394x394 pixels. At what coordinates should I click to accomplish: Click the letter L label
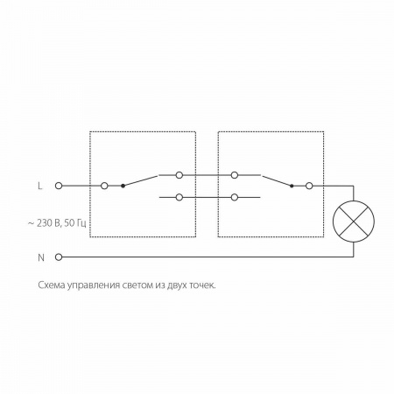pos(40,186)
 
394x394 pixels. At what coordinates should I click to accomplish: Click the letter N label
pos(41,257)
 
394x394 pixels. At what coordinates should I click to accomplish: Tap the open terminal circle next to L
pos(59,186)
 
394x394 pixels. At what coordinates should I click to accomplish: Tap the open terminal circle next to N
pos(59,257)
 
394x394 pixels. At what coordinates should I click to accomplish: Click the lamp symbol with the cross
pos(354,222)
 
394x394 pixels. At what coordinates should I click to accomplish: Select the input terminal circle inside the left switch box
pos(104,186)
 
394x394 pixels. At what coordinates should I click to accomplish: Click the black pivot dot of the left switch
pos(123,186)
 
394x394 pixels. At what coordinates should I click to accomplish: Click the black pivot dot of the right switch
pos(292,186)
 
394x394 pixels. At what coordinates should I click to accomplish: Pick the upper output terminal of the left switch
pos(179,175)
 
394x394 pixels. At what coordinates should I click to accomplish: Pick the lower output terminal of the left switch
pos(179,198)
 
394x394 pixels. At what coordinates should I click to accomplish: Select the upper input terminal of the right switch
pos(235,175)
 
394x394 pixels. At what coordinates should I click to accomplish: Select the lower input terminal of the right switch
pos(235,198)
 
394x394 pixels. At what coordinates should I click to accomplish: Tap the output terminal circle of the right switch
pos(309,186)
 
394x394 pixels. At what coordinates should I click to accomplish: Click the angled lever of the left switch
pos(140,180)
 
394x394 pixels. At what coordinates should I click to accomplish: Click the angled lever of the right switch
pos(277,180)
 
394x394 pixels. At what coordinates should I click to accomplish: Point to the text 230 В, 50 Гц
pos(61,223)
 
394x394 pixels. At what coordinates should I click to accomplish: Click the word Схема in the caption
pos(52,285)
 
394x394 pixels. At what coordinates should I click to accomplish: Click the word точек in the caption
pos(202,285)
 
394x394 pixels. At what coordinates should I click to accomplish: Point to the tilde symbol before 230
pos(31,223)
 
